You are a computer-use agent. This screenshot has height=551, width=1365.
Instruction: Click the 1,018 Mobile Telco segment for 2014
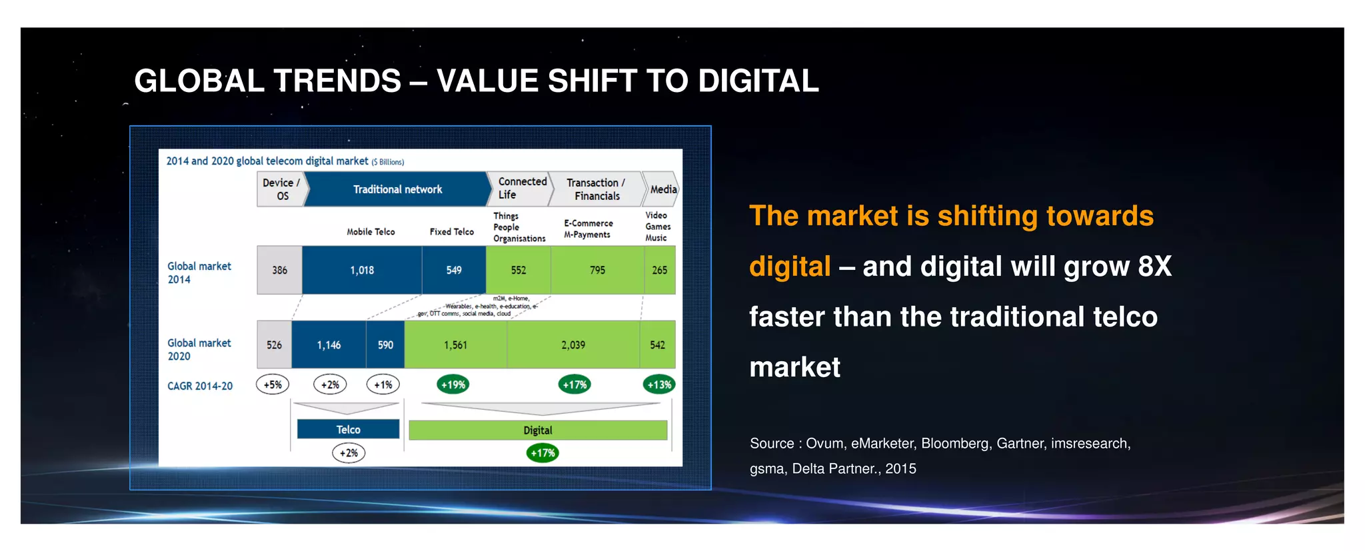(x=362, y=270)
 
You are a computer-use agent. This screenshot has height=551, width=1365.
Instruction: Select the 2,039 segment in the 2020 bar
(x=573, y=344)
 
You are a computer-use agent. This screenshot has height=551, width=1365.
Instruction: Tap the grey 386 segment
(x=280, y=270)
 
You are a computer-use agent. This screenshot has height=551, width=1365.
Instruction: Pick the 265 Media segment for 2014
(x=660, y=270)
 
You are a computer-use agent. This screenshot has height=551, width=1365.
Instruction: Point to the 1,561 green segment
(x=456, y=344)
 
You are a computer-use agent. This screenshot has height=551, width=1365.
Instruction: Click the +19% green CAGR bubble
(x=453, y=384)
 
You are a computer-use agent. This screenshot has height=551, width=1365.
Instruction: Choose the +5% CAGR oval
(x=273, y=384)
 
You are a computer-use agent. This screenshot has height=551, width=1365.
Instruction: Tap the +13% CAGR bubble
(x=659, y=384)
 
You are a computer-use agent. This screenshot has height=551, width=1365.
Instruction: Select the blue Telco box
(x=348, y=430)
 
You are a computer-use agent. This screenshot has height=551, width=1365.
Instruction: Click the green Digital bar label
(x=538, y=430)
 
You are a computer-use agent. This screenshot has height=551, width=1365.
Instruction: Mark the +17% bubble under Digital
(x=543, y=453)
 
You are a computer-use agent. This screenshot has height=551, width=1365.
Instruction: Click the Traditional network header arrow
(x=398, y=189)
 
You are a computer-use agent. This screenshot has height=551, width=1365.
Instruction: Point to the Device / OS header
(x=281, y=189)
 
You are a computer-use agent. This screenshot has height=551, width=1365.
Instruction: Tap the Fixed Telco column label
(x=452, y=232)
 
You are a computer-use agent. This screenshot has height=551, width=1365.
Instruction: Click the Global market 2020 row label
(x=199, y=349)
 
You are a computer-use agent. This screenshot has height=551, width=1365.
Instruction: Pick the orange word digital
(x=790, y=267)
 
